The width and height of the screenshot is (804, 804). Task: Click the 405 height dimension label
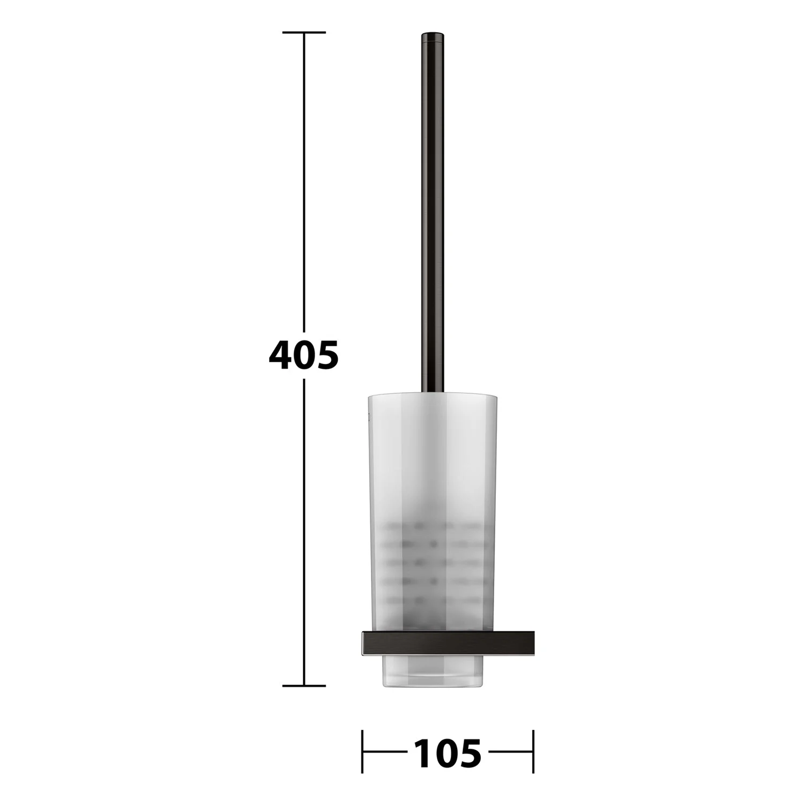click(x=303, y=355)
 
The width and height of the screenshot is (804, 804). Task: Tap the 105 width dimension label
click(x=448, y=753)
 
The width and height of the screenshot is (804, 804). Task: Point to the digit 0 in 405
click(x=304, y=355)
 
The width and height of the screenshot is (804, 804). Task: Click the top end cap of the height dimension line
click(x=304, y=33)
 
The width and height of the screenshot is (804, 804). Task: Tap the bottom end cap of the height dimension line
click(x=304, y=686)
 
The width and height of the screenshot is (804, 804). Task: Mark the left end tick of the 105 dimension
click(x=363, y=751)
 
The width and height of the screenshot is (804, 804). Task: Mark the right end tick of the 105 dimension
click(x=533, y=751)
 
